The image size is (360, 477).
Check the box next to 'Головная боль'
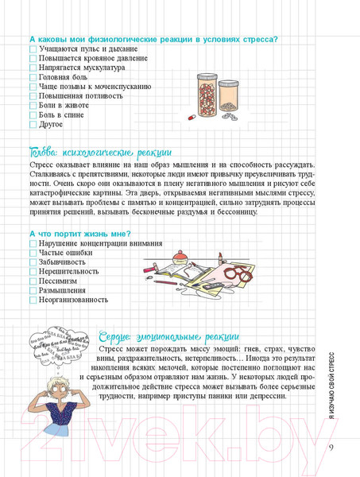pos(33,77)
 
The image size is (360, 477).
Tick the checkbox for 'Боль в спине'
pos(33,114)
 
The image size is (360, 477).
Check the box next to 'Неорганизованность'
pos(33,301)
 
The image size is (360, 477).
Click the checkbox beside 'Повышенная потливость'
pos(33,95)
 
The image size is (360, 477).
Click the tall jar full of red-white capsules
pos(207,94)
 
